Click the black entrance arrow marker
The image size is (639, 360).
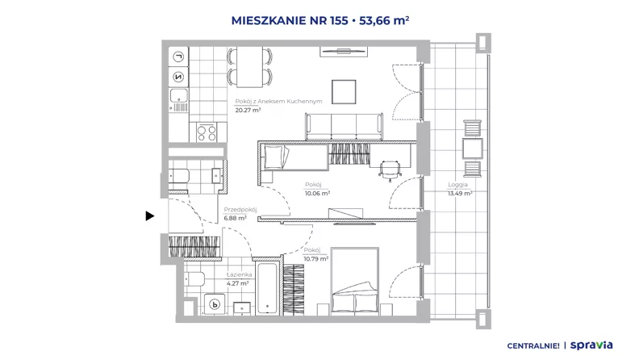[x=149, y=216]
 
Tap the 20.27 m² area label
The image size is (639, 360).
[x=248, y=110]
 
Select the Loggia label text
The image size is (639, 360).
[x=457, y=185]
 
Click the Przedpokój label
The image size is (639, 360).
[x=240, y=210]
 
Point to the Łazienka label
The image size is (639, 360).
[x=239, y=274]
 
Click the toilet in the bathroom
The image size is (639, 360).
[x=195, y=279]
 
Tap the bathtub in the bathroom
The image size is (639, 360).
[x=267, y=288]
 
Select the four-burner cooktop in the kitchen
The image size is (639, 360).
[x=207, y=132]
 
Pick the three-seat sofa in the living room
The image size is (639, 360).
[x=344, y=127]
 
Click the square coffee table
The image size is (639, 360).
[x=344, y=92]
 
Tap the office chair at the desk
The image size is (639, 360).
[x=390, y=170]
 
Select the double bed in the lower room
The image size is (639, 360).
[x=354, y=281]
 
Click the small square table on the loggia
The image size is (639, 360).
[x=472, y=149]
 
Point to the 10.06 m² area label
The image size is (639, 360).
[x=317, y=194]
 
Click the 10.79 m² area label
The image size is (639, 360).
[x=315, y=259]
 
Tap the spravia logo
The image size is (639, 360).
[x=591, y=345]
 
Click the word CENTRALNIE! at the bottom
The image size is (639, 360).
[x=533, y=346]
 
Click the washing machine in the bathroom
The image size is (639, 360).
[x=215, y=304]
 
